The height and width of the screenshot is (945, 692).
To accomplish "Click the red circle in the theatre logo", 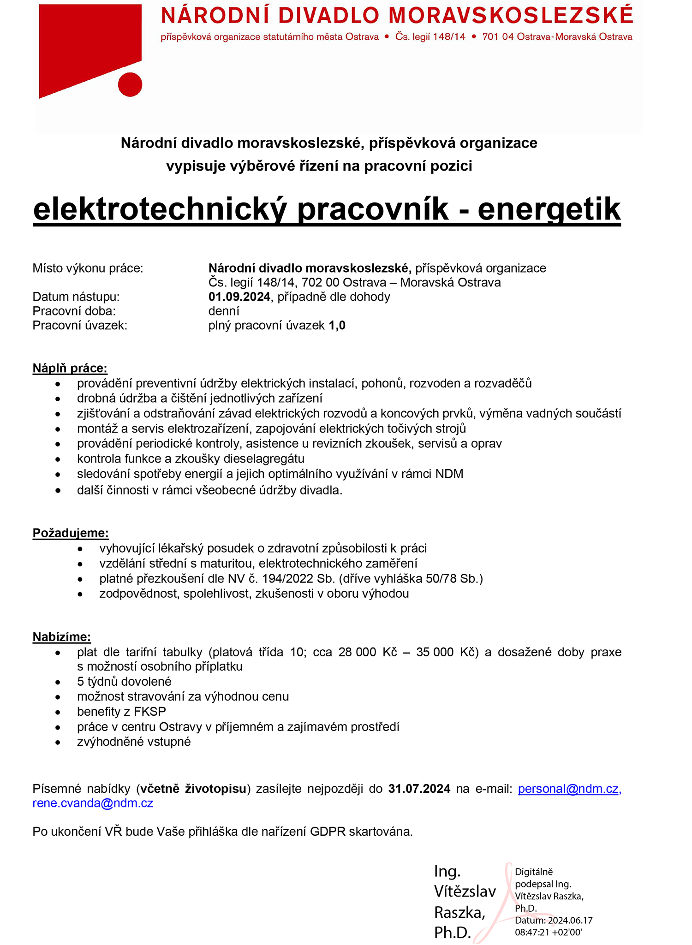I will coord(130,84).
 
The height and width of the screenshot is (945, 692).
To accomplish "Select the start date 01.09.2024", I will coord(239,297).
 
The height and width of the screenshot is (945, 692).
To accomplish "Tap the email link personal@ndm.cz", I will coord(569,789).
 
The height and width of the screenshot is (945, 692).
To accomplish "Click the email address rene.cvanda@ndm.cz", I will coord(93,803).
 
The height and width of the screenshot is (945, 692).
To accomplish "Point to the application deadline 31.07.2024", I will coord(419,789).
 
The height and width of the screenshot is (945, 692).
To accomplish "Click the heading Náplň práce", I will coord(70,368).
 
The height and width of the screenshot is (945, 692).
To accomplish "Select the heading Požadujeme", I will coord(71,533).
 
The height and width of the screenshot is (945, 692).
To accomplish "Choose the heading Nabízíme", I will coord(62,637).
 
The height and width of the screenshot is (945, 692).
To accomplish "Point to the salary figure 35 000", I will coord(435,652).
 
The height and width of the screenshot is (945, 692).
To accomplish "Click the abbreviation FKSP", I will coord(150,712).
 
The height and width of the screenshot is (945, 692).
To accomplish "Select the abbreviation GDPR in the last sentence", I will coord(328,832).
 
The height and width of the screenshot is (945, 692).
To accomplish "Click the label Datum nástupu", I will coord(76,297).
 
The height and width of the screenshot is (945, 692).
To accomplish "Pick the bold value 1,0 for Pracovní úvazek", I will coord(337,326).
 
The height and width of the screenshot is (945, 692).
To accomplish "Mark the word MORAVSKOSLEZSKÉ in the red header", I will coord(511,16).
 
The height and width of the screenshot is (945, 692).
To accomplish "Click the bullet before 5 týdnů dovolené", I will coord(58,682).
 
